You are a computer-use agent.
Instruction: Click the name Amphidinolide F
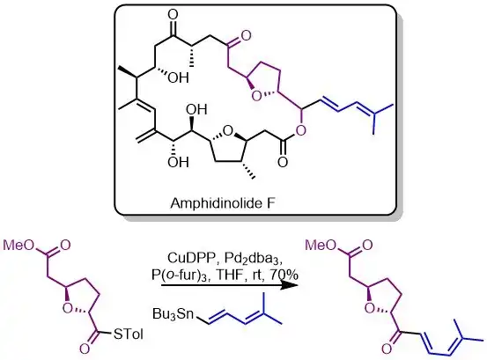click(223, 203)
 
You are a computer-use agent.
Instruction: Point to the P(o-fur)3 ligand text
click(177, 276)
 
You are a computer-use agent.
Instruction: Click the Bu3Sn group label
click(173, 314)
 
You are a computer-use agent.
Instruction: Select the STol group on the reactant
click(129, 334)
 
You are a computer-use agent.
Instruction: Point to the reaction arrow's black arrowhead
click(288, 284)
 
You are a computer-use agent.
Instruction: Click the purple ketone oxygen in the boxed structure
click(246, 36)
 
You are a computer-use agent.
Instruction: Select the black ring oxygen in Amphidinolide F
click(228, 131)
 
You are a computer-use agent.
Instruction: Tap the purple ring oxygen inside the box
click(256, 97)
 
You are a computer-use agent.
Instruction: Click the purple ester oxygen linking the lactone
click(300, 131)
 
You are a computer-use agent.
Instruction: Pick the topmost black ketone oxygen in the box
click(173, 15)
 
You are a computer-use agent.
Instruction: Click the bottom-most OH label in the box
click(178, 162)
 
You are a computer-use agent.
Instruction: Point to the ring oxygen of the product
click(369, 308)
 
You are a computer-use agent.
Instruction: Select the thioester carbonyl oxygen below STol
click(85, 349)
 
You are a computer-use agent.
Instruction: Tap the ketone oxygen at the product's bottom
click(387, 349)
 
